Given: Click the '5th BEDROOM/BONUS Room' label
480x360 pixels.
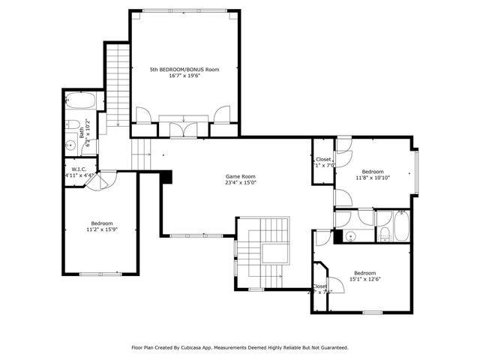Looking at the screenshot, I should coord(184,69).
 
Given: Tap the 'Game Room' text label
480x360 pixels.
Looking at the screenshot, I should coord(241,176).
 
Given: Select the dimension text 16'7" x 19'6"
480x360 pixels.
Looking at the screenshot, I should coord(184,76).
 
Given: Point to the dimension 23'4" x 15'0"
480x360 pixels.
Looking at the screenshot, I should coord(241,183).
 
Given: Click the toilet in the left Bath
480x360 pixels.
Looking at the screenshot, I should coord(73,124).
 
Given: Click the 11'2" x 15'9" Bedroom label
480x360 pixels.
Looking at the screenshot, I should coord(102,223).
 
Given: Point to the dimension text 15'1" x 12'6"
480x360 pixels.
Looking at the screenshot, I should coord(364,280).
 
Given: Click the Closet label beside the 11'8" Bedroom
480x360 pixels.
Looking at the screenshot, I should coord(322,160).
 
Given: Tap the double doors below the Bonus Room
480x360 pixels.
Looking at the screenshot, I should coord(184,128).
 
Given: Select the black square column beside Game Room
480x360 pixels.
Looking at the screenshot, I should coord(166,177).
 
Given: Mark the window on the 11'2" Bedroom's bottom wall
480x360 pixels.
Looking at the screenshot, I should coord(100,274).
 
